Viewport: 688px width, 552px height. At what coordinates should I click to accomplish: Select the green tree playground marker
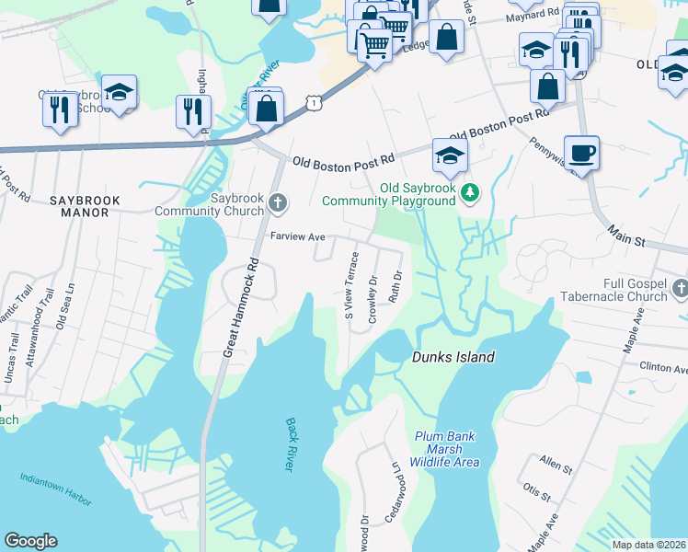[470, 192]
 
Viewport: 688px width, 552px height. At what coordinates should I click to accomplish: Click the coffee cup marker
[581, 153]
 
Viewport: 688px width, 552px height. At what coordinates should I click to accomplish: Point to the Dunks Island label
[453, 357]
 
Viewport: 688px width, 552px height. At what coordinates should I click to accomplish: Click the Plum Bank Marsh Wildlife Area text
[446, 449]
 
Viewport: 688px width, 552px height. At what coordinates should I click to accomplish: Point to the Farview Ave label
[298, 236]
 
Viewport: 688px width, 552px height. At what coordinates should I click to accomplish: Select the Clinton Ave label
[663, 367]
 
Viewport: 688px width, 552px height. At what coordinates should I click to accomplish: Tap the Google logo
[30, 541]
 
